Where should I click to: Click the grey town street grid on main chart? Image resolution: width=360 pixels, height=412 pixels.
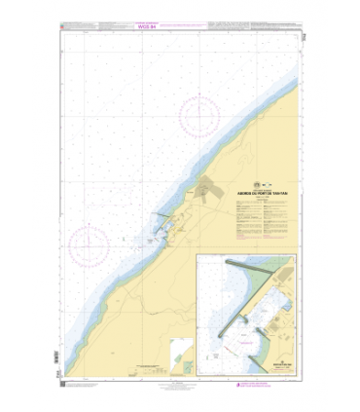[213, 191]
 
